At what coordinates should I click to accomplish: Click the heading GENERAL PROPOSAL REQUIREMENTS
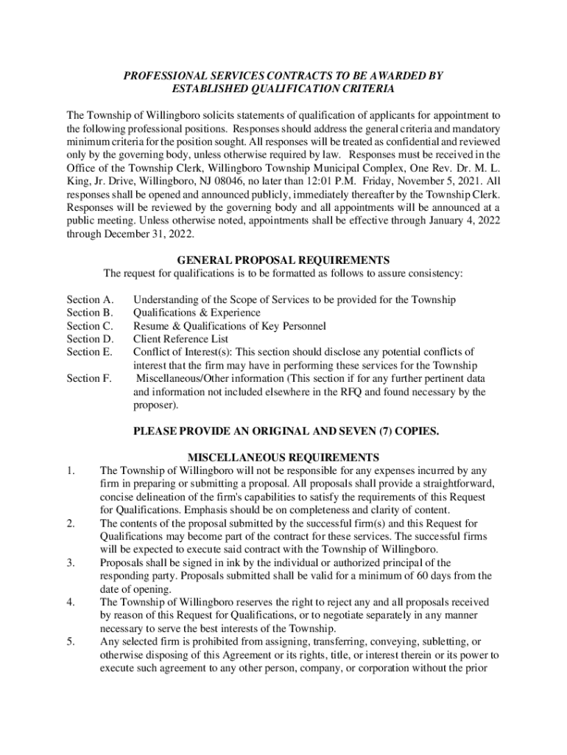(x=283, y=260)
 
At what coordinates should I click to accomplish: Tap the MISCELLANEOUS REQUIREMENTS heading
(x=283, y=457)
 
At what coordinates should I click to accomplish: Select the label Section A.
(x=90, y=299)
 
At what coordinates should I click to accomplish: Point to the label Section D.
(x=90, y=339)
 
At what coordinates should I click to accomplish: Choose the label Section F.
(x=90, y=378)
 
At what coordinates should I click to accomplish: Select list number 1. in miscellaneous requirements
(x=71, y=470)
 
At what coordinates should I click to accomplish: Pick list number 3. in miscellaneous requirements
(x=71, y=563)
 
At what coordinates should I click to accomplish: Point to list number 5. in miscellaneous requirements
(x=71, y=641)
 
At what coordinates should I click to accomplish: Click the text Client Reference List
(x=180, y=339)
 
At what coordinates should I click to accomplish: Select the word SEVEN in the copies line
(x=342, y=431)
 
